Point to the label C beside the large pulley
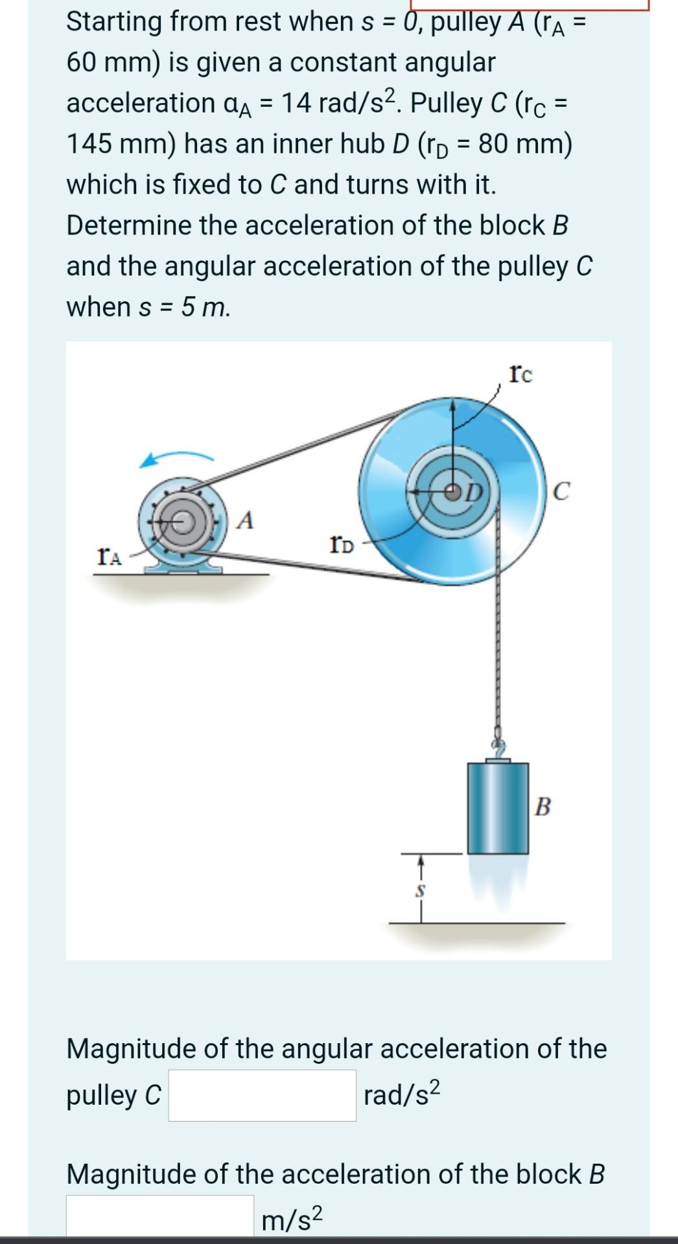(x=561, y=491)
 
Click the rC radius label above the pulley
(x=521, y=374)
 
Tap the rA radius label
(x=109, y=556)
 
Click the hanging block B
(x=497, y=808)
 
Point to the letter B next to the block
(x=543, y=807)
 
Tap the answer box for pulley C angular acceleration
(x=262, y=1095)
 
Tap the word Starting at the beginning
(x=115, y=21)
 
